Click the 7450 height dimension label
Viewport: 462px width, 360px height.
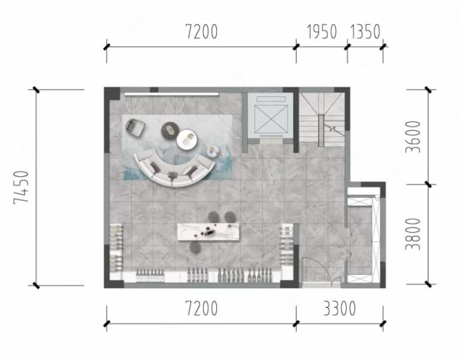21,187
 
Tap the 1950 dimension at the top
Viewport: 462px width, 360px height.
322,32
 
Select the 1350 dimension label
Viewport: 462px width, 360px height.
365,32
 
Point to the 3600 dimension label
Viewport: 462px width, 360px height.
413,137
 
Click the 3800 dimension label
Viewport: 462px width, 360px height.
413,234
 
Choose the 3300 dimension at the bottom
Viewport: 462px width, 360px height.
339,308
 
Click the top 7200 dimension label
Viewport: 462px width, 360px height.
201,32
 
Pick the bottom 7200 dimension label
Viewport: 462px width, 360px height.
201,308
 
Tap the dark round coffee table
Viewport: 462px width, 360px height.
170,130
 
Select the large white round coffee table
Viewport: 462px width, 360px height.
187,140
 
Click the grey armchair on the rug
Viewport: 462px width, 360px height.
135,128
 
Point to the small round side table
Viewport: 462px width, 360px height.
213,152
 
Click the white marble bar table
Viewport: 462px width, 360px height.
209,232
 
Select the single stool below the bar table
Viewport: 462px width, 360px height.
195,247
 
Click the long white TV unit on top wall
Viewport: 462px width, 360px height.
171,94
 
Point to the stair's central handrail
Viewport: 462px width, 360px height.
321,131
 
